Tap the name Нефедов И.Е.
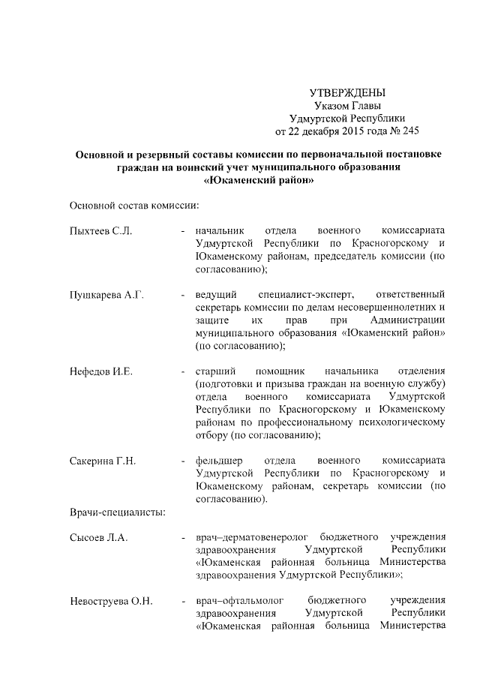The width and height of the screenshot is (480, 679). point(100,371)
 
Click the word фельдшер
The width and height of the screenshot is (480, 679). point(218,460)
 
